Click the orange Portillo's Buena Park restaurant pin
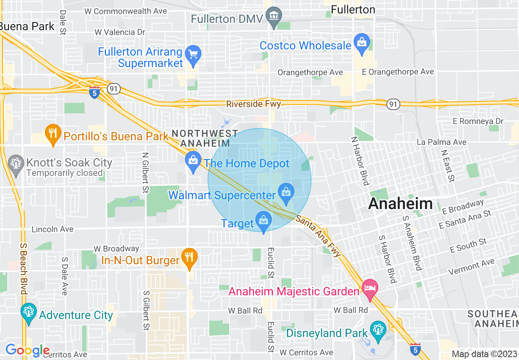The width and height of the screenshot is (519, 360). click(x=53, y=133)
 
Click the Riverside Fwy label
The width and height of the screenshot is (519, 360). click(x=254, y=104)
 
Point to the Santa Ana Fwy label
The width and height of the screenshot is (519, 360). click(x=318, y=236)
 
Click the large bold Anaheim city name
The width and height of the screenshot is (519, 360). click(x=400, y=203)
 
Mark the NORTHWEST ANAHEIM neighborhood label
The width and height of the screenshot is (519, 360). click(x=205, y=138)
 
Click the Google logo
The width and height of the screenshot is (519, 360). click(x=27, y=350)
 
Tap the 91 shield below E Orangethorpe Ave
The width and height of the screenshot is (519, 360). click(x=393, y=105)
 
